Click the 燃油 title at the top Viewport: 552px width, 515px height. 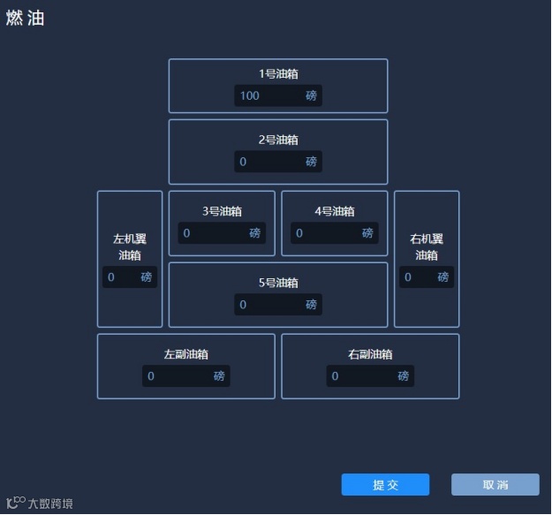coord(25,19)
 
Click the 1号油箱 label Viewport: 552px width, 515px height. coord(278,74)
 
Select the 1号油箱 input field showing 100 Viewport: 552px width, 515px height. coord(269,95)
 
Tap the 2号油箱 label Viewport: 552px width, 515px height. coord(278,140)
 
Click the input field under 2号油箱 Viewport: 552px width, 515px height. coord(269,162)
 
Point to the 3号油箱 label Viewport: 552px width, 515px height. coord(222,211)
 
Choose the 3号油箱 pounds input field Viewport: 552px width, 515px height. coord(213,233)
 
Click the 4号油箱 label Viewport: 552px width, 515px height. coord(334,211)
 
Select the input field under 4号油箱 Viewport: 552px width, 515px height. coord(326,233)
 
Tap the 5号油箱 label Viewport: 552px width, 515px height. coord(278,283)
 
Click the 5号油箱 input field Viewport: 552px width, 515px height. coord(269,305)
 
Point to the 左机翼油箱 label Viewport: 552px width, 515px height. coord(130,246)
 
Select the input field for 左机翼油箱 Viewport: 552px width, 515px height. coord(121,277)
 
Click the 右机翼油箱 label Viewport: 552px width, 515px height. coord(427,246)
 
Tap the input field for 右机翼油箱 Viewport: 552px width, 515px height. coord(418,277)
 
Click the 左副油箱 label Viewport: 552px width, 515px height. coord(185,354)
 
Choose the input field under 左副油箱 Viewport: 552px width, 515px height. coord(178,376)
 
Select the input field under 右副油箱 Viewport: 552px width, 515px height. coord(361,376)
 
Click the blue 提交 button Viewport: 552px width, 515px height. coord(385,485)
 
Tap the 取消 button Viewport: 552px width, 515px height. coord(495,485)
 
